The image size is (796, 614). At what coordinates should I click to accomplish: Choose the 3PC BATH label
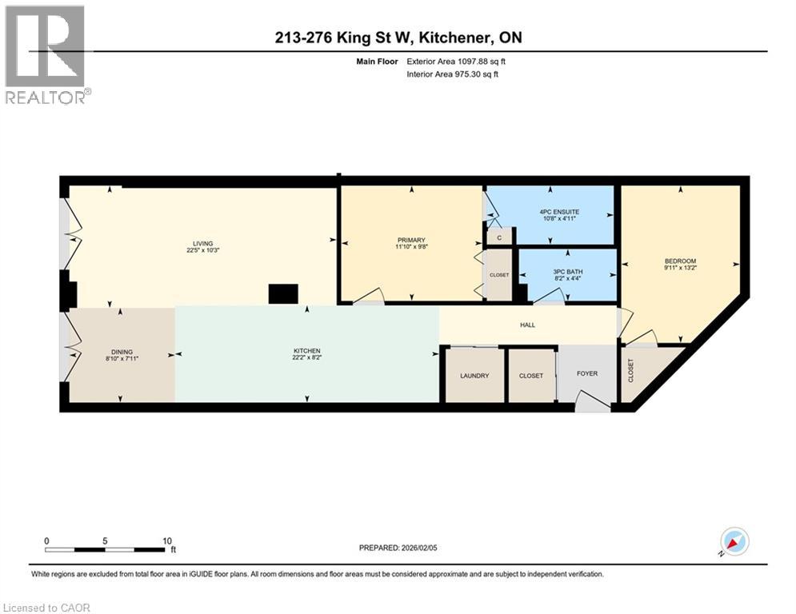pos(569,272)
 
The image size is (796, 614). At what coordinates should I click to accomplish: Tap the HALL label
pos(527,325)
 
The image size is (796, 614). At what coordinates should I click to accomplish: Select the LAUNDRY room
pos(474,375)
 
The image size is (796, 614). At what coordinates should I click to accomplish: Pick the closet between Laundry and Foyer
pos(531,375)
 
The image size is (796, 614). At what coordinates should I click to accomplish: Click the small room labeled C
pos(499,237)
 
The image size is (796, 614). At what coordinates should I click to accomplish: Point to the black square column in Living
pos(282,294)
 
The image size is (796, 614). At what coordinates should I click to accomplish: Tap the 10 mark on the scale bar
pos(166,540)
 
